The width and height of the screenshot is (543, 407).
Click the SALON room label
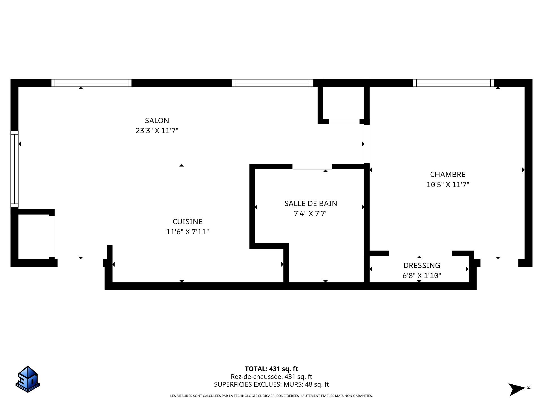point(157,120)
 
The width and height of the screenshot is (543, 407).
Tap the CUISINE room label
point(188,222)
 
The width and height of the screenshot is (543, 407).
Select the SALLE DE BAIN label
point(311,203)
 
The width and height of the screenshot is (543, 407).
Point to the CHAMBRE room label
point(448,174)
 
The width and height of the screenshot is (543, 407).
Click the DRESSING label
point(422,265)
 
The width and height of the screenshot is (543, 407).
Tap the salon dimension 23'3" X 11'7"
point(157,131)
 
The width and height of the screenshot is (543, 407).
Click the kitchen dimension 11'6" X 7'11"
point(188,232)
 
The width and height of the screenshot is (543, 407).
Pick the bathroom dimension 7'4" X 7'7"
point(311,214)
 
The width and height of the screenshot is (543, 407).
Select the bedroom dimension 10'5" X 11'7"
point(448,185)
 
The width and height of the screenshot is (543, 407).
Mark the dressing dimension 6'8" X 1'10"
point(422,276)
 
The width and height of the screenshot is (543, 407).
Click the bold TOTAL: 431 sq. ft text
point(271,369)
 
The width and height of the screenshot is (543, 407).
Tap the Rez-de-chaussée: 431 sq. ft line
point(271,377)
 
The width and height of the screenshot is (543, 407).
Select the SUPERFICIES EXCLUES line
point(271,384)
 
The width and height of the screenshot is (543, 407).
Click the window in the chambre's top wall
point(453,83)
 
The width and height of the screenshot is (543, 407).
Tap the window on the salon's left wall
point(14,169)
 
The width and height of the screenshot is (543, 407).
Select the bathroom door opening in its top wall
point(312,166)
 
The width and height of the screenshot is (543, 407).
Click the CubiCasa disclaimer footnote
point(271,396)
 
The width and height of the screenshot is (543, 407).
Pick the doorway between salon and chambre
point(367,144)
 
